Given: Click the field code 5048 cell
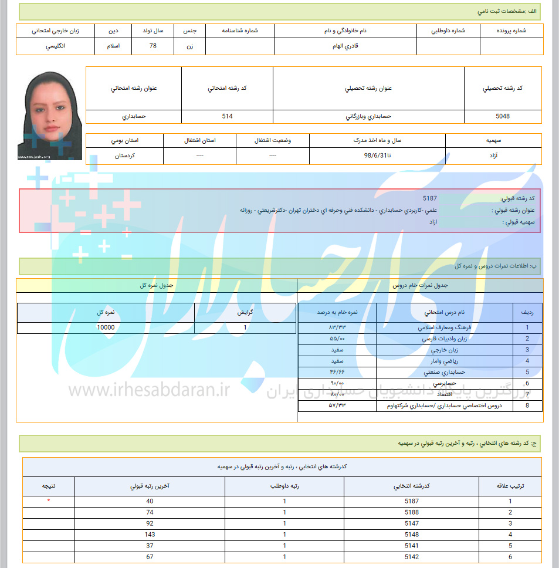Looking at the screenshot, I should click(503, 116).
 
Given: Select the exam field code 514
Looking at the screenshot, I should click(227, 116).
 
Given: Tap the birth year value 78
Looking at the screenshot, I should click(153, 46).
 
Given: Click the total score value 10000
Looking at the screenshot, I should click(106, 327).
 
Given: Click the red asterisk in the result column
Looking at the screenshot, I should click(49, 501).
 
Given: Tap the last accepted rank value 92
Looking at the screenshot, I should click(150, 523).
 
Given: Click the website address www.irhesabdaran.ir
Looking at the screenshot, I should click(149, 390).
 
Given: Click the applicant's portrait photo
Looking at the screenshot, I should click(50, 115).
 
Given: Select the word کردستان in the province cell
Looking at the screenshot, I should click(126, 156).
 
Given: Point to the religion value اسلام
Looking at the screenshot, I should click(113, 46).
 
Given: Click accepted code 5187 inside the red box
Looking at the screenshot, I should click(429, 199).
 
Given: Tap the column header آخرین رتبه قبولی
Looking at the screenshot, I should click(150, 486).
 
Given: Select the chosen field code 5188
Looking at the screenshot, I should click(412, 512).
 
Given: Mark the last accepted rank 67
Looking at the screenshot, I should click(150, 557).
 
